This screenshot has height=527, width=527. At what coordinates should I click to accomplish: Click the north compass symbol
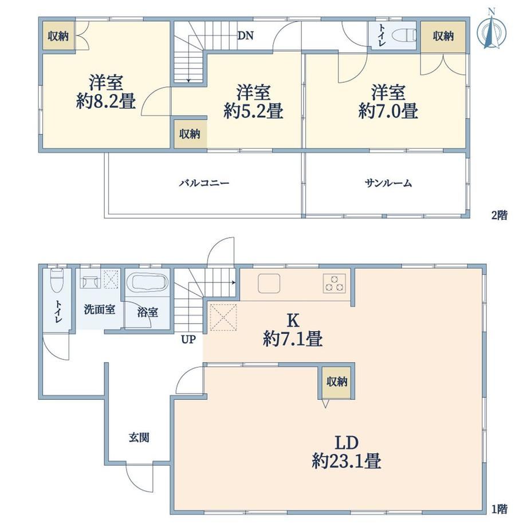point(491,30)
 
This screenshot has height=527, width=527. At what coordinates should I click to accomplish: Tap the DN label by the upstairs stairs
point(245,36)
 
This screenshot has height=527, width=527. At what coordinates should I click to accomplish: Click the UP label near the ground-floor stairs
point(188,340)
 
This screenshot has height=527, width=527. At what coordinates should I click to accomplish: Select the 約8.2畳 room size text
point(105,101)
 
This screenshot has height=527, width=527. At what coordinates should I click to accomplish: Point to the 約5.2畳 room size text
point(253,111)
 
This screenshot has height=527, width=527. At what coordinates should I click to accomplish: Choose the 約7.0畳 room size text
point(388,111)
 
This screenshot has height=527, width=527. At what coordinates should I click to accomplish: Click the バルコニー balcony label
point(204,183)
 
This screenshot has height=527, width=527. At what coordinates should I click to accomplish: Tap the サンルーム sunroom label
point(388,183)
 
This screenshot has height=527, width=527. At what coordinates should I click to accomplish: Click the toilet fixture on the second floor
point(404,36)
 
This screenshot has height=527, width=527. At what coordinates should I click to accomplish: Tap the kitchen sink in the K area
point(269,284)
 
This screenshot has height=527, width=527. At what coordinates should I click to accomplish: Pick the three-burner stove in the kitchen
point(334,283)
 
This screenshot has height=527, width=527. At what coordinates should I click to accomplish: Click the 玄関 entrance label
point(139,438)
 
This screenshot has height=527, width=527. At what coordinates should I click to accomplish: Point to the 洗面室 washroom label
point(100,309)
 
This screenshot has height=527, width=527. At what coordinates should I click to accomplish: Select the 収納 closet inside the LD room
point(337,382)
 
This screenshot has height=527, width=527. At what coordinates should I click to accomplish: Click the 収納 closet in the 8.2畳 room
point(58,36)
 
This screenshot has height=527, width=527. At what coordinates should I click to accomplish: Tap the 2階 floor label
point(500,215)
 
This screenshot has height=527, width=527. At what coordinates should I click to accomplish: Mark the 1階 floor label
point(500,509)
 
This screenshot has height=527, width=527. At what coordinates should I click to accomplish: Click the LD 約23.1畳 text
point(347,452)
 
